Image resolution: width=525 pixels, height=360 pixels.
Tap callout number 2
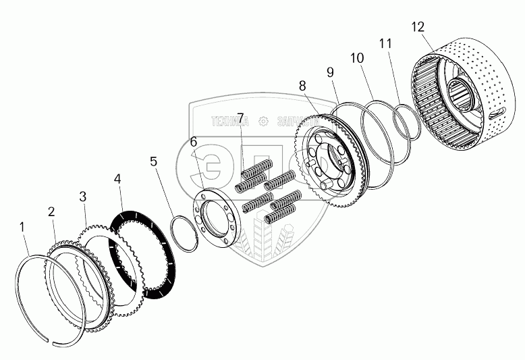[x=51, y=211]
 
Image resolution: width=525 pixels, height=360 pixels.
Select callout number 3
[x=82, y=196]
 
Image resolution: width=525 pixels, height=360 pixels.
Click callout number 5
[x=154, y=161]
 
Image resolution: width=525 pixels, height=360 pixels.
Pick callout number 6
[x=194, y=142]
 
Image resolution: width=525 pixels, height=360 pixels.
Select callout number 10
[x=357, y=58]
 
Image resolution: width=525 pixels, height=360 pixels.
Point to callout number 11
[x=385, y=44]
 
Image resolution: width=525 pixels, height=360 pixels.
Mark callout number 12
[x=418, y=27]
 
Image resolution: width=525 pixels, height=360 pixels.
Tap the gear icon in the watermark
[x=263, y=122]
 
